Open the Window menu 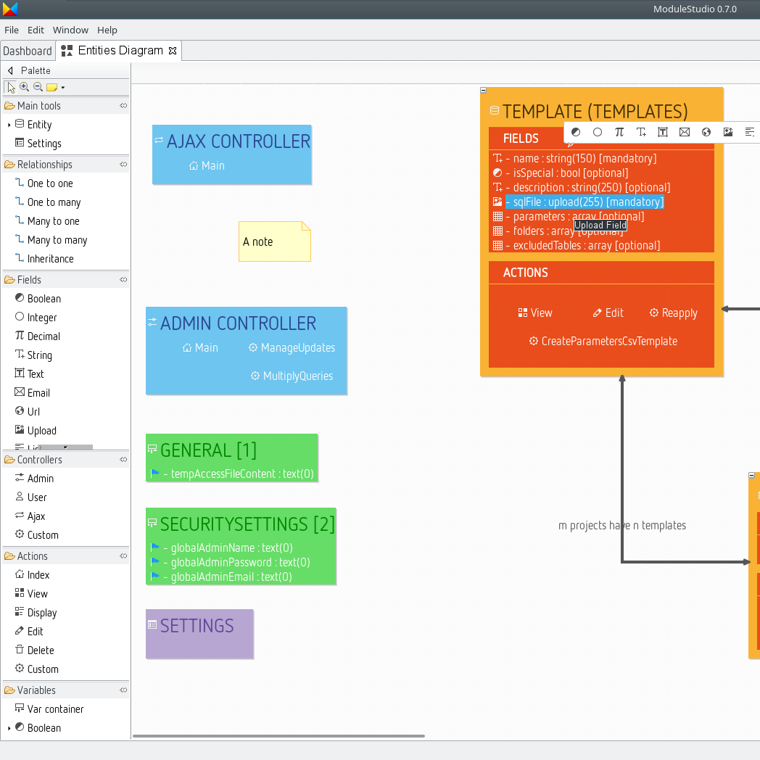click(x=70, y=30)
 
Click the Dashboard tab click(x=28, y=51)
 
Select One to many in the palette click(x=54, y=202)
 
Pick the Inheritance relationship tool click(x=50, y=259)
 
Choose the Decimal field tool click(x=44, y=336)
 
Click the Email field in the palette click(x=38, y=393)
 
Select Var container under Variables click(x=55, y=709)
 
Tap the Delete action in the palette click(x=41, y=650)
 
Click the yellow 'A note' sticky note click(x=274, y=241)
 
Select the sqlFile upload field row click(x=585, y=202)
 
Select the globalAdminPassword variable click(x=236, y=563)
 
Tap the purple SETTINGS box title click(x=197, y=626)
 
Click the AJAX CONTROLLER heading click(x=238, y=141)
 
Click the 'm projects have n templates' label click(x=621, y=526)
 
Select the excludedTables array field click(x=586, y=246)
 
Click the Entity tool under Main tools click(x=39, y=125)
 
